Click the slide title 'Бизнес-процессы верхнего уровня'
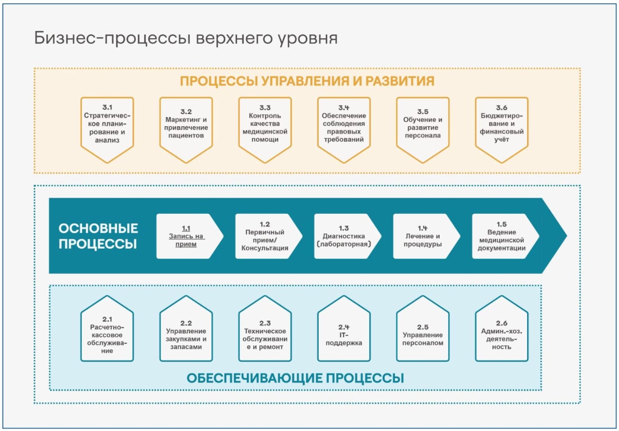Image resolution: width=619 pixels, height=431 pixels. (x=186, y=38)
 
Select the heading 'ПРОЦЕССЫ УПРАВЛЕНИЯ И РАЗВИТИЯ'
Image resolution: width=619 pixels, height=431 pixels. (x=307, y=81)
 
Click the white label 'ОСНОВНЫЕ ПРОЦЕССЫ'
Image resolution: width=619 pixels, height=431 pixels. (x=98, y=236)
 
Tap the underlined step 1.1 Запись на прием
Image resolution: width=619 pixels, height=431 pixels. (x=187, y=237)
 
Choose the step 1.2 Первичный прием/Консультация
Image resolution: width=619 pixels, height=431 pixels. (x=265, y=237)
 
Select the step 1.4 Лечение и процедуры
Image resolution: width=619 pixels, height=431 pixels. (x=423, y=237)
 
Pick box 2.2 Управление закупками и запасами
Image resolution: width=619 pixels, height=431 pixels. (x=186, y=335)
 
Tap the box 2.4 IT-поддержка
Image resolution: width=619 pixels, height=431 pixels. (x=344, y=335)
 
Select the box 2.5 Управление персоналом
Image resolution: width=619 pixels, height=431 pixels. (x=423, y=335)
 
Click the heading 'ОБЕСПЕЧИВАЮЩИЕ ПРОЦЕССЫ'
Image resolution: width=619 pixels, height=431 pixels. (x=295, y=378)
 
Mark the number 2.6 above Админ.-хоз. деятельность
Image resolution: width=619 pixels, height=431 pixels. (x=501, y=323)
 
